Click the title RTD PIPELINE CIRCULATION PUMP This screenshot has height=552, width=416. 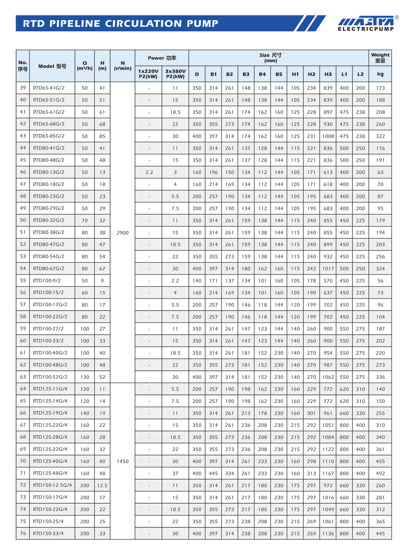coord(120,24)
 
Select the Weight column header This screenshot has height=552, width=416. coord(380,58)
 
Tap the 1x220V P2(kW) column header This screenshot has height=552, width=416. coord(148,74)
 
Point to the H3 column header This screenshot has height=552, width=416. coord(328,74)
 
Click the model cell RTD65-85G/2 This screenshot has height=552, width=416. coord(49,136)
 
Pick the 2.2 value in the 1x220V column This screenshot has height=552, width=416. coord(149,172)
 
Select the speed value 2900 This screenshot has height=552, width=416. coord(123,233)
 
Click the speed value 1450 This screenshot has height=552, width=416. coord(123,461)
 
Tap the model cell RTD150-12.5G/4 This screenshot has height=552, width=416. coord(52,485)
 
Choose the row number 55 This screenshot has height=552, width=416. coord(23,280)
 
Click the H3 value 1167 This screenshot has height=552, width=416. coord(328,473)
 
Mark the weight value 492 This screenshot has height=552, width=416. coord(380,473)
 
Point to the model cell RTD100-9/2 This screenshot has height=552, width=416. coord(47,280)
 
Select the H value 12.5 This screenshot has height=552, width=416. coord(102,485)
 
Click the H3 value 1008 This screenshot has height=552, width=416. coord(328,136)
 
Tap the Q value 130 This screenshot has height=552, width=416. coord(85,377)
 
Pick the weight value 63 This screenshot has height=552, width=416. coord(380,172)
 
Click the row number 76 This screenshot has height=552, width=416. coord(23,533)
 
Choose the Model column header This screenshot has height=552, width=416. coord(52,66)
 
